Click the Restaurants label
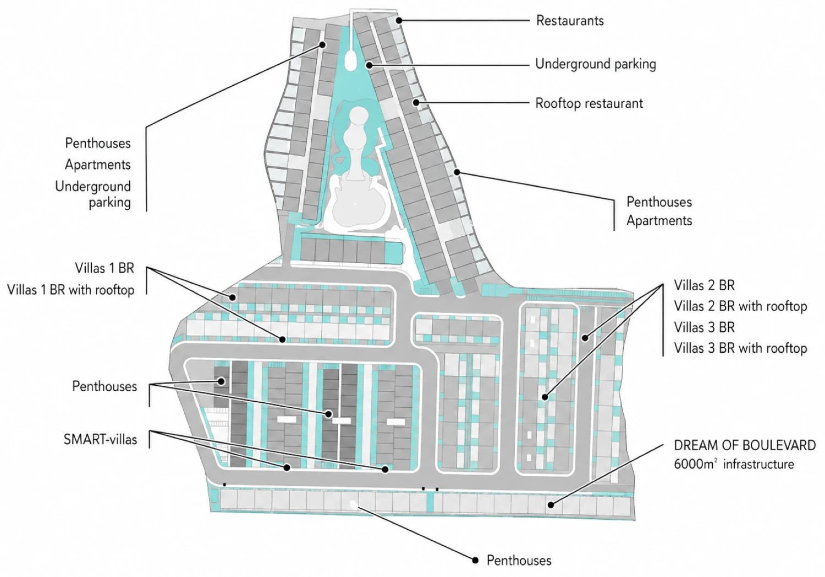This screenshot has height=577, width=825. pos(570,21)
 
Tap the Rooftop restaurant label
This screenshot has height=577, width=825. pos(589,103)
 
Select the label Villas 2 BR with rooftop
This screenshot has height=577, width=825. pos(740,306)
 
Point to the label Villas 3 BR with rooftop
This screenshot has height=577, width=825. pos(740,348)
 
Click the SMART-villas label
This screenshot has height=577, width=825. pos(100,440)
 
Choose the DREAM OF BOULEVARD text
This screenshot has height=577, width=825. pos(745,445)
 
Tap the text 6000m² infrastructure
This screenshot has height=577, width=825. pos(734,464)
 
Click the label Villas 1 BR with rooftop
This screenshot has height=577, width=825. pos(71,290)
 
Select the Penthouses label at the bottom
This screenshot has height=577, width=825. pos(519,561)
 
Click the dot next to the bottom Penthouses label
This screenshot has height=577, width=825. pos(475,561)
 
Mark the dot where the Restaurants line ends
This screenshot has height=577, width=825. pos(399,21)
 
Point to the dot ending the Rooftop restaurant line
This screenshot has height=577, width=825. pos(416,103)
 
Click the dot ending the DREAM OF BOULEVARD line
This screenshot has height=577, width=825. pos(551,505)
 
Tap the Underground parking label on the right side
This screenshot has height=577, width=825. pos(596,64)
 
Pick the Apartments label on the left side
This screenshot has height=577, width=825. pos(97,165)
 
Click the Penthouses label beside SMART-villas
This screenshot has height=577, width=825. pos(105,386)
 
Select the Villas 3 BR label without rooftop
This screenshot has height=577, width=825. pos(704,327)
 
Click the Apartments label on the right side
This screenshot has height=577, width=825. pos(659,221)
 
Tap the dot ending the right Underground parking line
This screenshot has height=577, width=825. pos(369,65)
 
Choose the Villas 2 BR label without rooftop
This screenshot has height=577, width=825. pos(704,285)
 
